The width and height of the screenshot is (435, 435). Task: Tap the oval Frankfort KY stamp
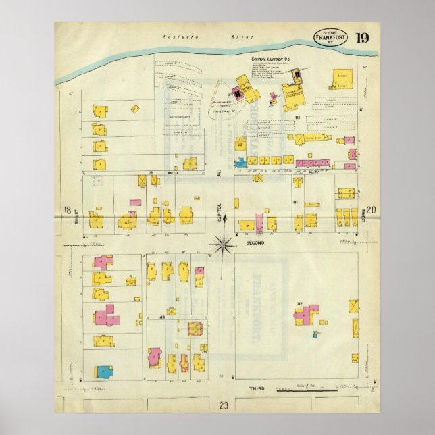click(331, 36)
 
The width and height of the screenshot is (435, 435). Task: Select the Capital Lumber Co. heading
click(270, 59)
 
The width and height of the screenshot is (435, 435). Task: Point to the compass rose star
click(222, 244)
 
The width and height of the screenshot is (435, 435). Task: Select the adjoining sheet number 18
click(67, 210)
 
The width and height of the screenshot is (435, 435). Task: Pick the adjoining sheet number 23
click(222, 405)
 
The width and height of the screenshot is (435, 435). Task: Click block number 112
click(298, 305)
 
